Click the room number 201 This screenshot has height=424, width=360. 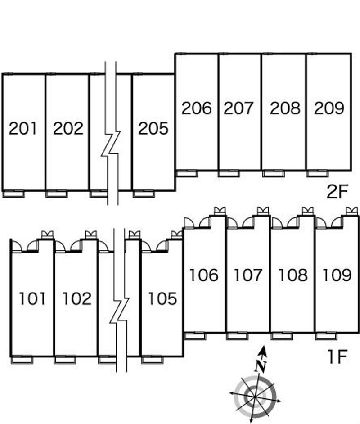pos(23,129)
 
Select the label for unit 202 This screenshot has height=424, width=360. pos(68,129)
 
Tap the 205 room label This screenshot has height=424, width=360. pos(153,129)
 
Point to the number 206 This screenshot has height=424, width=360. pos(196,108)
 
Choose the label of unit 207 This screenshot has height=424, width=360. pos(239,108)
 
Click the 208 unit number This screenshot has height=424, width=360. pos(284,108)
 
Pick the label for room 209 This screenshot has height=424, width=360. pos(329,108)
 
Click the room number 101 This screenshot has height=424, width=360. pos(32,298)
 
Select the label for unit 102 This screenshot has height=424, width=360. pos(76,298)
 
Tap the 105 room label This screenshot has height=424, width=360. pos(162,298)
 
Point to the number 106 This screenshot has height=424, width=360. pos(203,275)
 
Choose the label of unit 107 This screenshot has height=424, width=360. pos(248,275)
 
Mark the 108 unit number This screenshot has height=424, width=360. pos(292,275)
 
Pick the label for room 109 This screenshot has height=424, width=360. pos(337,275)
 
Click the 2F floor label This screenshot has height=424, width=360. pos(337,193)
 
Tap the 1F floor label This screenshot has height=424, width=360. pos(337,358)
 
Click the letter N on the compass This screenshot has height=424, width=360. pos(260,366)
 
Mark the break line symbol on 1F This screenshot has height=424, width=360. pos(120,311)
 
